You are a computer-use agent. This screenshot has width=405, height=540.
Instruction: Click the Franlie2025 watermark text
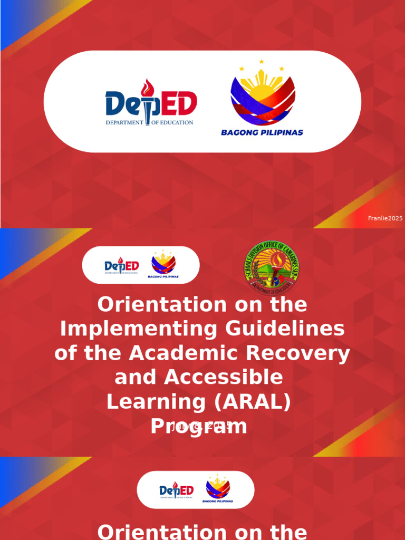click(385, 218)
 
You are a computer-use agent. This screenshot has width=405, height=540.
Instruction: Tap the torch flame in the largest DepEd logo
click(150, 88)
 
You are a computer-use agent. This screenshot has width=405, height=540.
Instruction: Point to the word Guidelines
click(285, 330)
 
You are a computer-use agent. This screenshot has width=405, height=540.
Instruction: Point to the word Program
click(199, 426)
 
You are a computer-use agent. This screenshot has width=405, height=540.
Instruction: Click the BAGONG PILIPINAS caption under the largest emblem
click(262, 133)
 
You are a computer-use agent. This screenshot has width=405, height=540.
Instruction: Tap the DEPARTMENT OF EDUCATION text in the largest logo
click(150, 122)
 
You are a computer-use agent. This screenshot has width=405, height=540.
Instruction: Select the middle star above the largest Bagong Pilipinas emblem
click(261, 62)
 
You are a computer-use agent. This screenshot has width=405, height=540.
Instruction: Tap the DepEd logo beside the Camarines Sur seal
click(121, 266)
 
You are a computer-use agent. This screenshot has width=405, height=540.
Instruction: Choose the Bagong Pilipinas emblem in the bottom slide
click(218, 488)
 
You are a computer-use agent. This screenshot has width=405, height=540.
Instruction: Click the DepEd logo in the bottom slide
click(177, 490)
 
